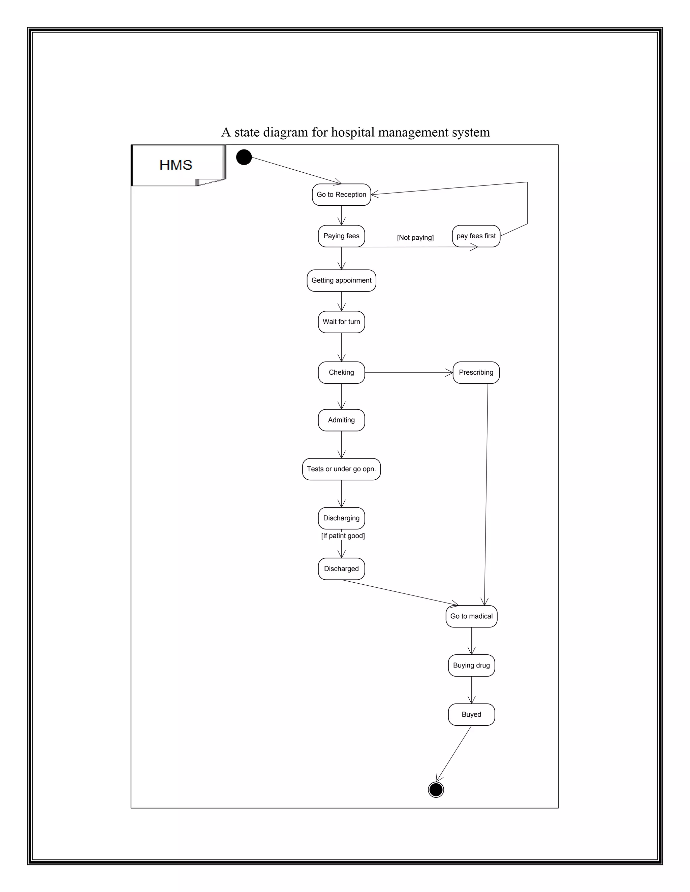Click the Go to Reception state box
(x=341, y=195)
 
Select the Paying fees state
(x=341, y=236)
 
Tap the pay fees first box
(x=476, y=236)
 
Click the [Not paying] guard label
(x=415, y=238)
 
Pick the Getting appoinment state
(x=341, y=281)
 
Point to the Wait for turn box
(x=341, y=322)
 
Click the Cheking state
(x=341, y=373)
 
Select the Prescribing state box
(x=476, y=373)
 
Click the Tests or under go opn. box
(x=341, y=469)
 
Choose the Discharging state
(x=341, y=518)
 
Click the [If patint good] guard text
(x=343, y=536)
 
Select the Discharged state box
(x=341, y=569)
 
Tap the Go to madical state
(x=471, y=616)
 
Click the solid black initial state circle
(x=244, y=157)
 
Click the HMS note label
(x=176, y=165)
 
